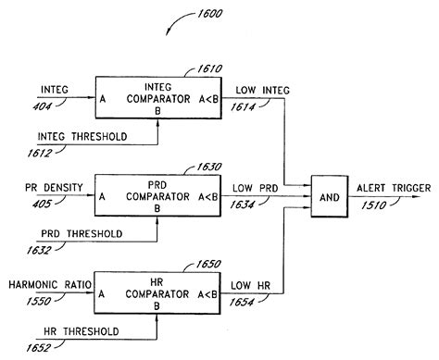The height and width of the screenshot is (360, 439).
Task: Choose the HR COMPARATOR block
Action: [157, 293]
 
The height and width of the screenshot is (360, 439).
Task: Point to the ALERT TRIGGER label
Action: [393, 188]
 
